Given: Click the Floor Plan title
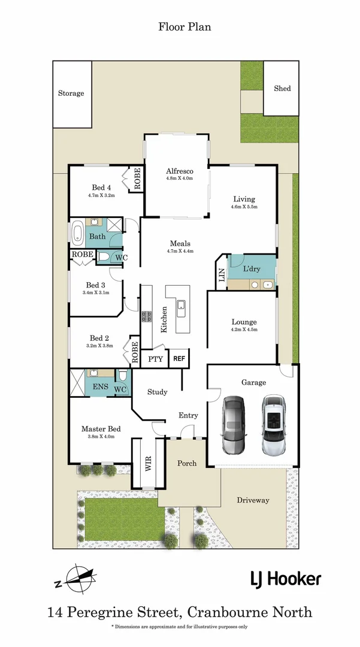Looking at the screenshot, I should tap(184, 26).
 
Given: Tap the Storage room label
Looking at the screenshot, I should tap(71, 93).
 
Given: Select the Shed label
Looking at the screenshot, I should tap(282, 88).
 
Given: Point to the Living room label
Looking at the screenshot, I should tap(244, 199).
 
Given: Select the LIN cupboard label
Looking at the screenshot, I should tap(222, 276).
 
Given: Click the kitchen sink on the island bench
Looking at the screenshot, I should tap(180, 309).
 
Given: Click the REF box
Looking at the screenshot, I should tap(179, 359).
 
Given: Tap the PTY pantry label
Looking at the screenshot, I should tap(155, 359).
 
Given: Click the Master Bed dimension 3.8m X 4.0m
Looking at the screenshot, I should tap(101, 437).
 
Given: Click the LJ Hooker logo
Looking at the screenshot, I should tap(285, 579).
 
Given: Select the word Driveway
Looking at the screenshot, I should tap(253, 500).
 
